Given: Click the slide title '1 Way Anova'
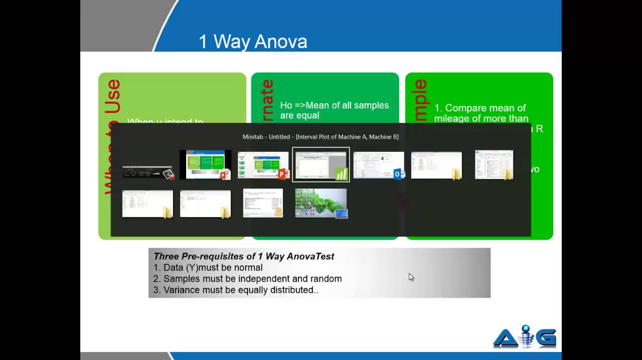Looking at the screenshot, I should (253, 42).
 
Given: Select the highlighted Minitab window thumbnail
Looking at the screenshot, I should (320, 164).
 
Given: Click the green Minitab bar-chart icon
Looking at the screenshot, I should (342, 174).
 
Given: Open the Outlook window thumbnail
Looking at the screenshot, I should (378, 165).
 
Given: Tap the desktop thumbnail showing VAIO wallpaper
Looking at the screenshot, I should (320, 203).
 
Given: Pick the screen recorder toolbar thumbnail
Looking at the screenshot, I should (147, 172).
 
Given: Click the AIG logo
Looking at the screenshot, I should (525, 336).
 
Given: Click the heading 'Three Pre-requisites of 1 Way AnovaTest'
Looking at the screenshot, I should (244, 256).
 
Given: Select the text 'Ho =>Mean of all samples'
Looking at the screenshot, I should (334, 105).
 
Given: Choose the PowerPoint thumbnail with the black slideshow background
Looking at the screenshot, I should (205, 164).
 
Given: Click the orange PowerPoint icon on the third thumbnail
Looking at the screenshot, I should (283, 174).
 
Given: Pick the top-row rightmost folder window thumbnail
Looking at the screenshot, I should (494, 164).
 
